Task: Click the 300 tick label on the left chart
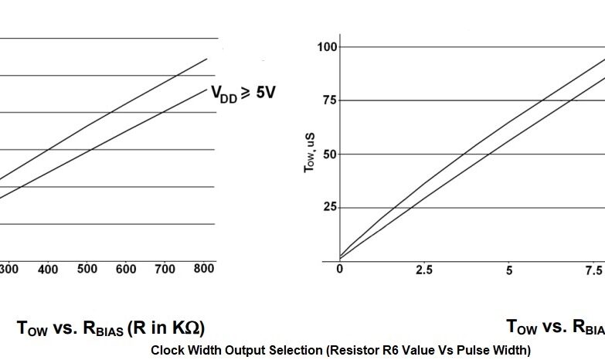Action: [x=9, y=269]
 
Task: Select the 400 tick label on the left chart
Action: [x=48, y=269]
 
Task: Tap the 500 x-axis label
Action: [x=87, y=269]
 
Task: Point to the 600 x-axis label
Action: [x=125, y=269]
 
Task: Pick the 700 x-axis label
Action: [x=165, y=269]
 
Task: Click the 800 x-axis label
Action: [x=203, y=269]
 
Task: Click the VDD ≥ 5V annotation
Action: [x=243, y=94]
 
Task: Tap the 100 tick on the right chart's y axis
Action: [x=328, y=47]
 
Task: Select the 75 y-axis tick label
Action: [x=331, y=100]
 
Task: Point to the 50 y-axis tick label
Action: [x=331, y=154]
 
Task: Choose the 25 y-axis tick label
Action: [x=331, y=207]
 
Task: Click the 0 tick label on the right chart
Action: [x=340, y=270]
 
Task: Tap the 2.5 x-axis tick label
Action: [x=424, y=270]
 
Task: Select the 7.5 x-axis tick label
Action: [x=593, y=270]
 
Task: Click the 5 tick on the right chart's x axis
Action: [x=509, y=270]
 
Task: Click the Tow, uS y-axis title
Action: [x=310, y=151]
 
